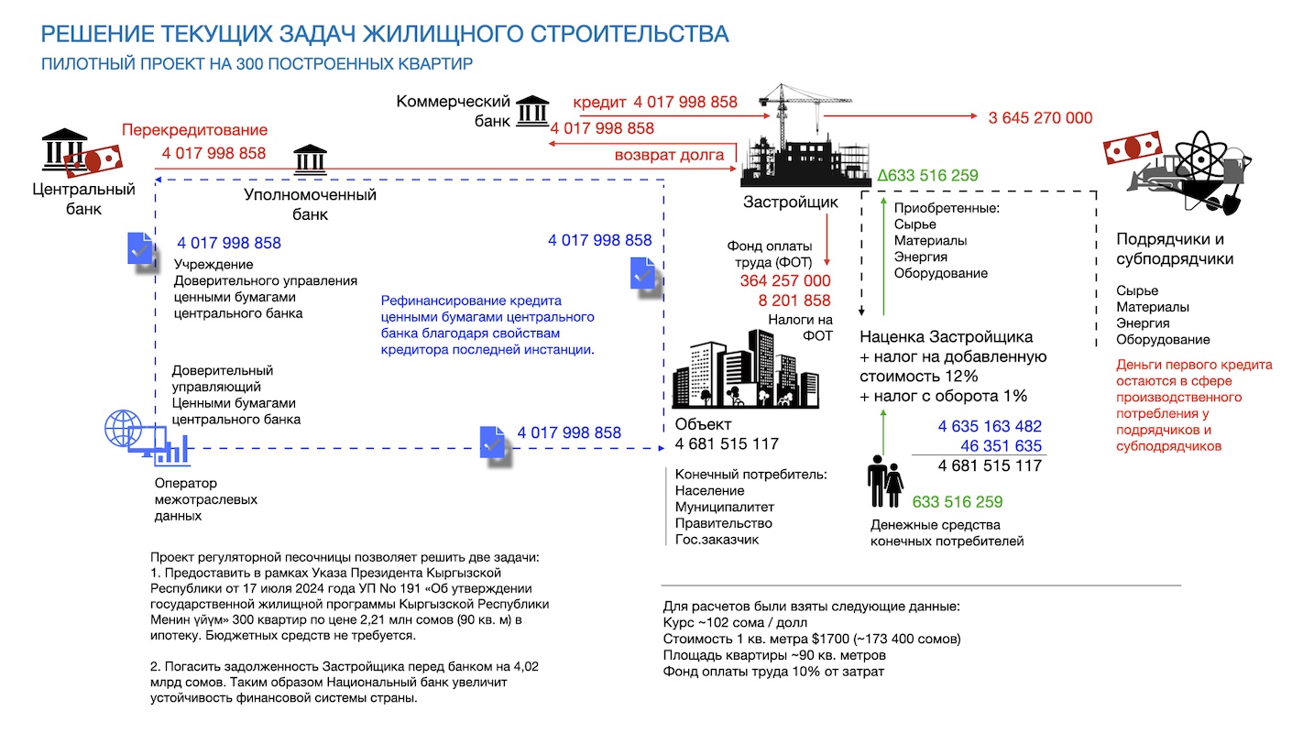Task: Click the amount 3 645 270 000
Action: point(1040,118)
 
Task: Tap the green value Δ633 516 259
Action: point(927,175)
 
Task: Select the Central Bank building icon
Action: point(64,150)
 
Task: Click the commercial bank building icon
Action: point(532,111)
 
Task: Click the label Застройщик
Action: point(791,202)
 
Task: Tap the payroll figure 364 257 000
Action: point(784,281)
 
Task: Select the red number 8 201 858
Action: point(794,301)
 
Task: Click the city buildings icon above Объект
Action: point(745,369)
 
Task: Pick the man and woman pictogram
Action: point(885,482)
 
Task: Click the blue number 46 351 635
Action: point(1001,446)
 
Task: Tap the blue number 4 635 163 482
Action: point(990,426)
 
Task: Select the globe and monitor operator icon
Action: point(148,437)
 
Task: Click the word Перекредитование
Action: point(194,130)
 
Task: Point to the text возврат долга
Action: point(669,156)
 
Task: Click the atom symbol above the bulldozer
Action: point(1200,157)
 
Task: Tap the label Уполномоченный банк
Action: point(310,204)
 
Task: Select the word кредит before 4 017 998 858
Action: point(599,103)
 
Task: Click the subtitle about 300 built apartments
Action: point(257,63)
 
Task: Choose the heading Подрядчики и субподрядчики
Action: point(1175,249)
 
